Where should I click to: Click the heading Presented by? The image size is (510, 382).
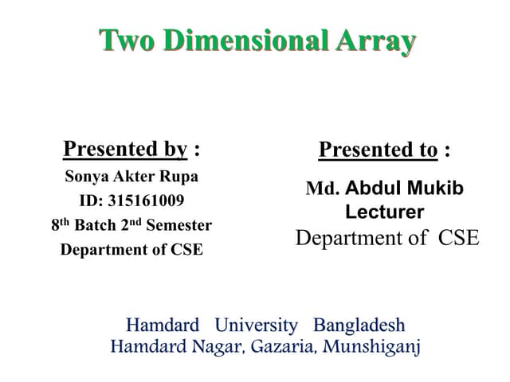click(125, 149)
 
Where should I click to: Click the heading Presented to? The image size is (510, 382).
click(378, 150)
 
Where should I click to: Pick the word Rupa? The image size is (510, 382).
click(180, 176)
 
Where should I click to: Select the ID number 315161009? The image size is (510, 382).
click(143, 200)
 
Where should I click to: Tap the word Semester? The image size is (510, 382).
click(181, 225)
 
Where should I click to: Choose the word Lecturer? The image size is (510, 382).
click(385, 212)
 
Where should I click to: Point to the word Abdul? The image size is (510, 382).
click(374, 189)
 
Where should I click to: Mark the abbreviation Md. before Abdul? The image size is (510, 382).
click(322, 189)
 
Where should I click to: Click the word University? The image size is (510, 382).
click(257, 325)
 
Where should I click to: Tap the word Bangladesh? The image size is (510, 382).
click(359, 325)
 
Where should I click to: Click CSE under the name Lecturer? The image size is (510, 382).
click(459, 238)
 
